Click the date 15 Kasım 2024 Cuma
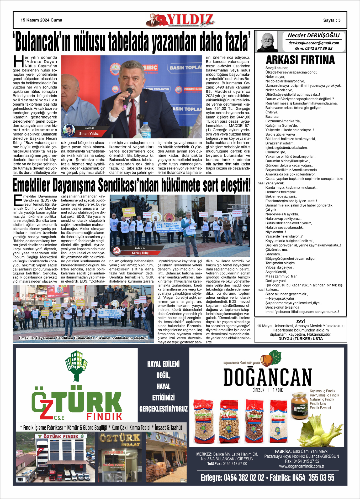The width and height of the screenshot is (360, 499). [41, 20]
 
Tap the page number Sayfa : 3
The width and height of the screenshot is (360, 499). [332, 20]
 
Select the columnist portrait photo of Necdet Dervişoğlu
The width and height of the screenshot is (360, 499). [267, 41]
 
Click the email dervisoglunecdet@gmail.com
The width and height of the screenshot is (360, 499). [314, 43]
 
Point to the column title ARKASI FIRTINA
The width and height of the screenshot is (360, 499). [300, 60]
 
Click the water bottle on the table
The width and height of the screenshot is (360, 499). [145, 130]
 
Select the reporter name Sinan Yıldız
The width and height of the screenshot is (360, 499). [89, 134]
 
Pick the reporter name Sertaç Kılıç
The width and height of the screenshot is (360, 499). [140, 253]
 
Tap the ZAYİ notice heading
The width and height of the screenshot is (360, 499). [300, 321]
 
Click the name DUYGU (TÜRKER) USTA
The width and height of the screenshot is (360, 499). [300, 339]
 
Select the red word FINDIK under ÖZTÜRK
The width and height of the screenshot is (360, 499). [104, 417]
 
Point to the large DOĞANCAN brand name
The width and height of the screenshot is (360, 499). [268, 377]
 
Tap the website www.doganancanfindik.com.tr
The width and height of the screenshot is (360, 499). [301, 466]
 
